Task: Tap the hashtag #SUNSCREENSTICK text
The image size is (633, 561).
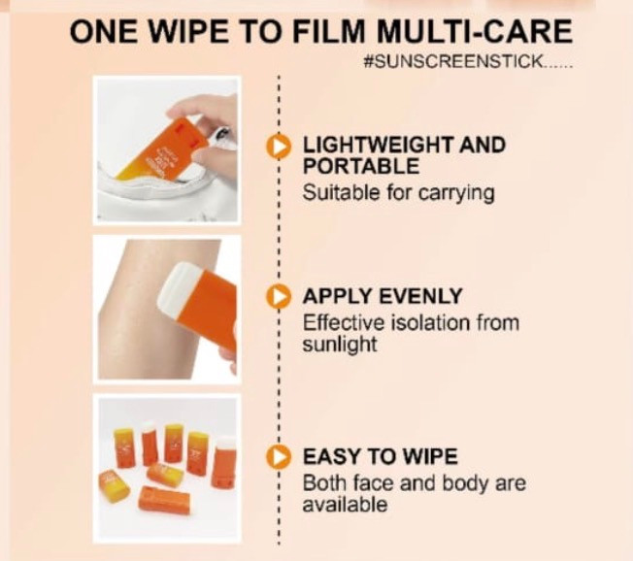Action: click(x=468, y=62)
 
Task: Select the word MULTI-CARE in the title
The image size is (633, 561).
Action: click(x=475, y=31)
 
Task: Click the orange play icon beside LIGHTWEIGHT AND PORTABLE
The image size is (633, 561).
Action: click(x=279, y=146)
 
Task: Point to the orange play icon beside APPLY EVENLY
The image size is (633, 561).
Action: click(x=279, y=297)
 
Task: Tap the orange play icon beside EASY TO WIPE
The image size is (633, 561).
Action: click(x=279, y=457)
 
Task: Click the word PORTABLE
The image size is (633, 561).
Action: click(x=361, y=166)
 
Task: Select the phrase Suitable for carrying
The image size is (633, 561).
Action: click(x=398, y=193)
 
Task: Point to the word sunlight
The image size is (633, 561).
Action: click(x=340, y=345)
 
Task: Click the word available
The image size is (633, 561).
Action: click(x=345, y=505)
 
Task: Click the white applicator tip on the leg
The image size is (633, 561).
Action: click(x=176, y=290)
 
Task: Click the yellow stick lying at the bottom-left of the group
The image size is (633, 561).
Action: click(x=115, y=485)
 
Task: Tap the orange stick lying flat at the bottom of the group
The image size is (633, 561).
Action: click(x=163, y=501)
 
